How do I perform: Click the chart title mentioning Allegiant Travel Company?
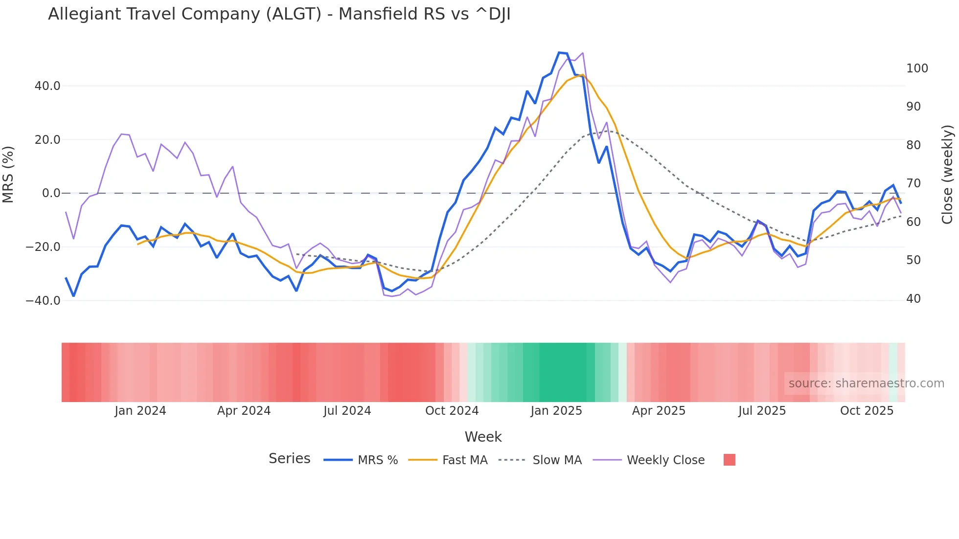[279, 14]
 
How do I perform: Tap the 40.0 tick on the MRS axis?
[47, 86]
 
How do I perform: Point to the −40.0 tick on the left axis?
[43, 301]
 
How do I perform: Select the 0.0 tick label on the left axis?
[51, 193]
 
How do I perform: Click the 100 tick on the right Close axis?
[917, 68]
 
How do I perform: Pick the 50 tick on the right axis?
[913, 260]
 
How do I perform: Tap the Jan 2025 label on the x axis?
[556, 411]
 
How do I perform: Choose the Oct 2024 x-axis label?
[452, 411]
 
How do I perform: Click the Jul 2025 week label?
[762, 411]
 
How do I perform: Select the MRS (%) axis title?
[8, 174]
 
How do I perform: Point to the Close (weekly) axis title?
[947, 175]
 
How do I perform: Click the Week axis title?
[483, 437]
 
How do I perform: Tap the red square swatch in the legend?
[729, 460]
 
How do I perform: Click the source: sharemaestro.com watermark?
[866, 383]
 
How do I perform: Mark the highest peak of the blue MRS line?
[559, 52]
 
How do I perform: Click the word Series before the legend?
[289, 459]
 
